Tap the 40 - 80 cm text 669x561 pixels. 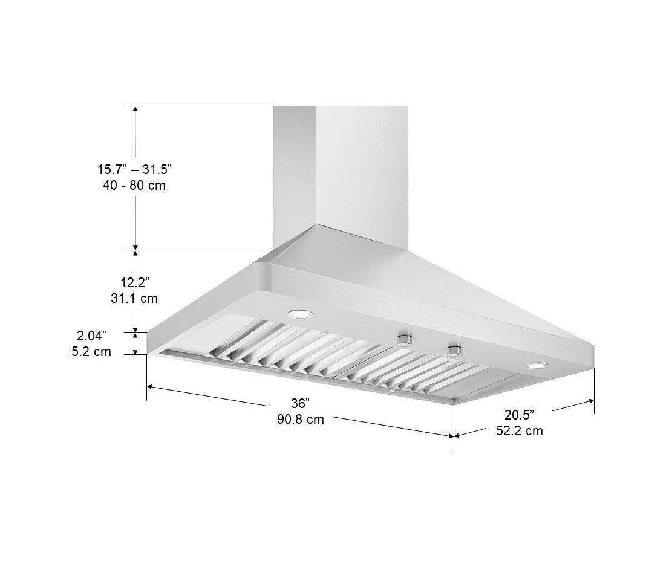pyautogui.click(x=134, y=185)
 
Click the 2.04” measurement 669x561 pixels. pyautogui.click(x=91, y=335)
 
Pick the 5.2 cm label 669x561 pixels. pyautogui.click(x=91, y=351)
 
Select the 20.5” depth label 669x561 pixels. pyautogui.click(x=519, y=415)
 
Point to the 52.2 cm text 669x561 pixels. pyautogui.click(x=519, y=431)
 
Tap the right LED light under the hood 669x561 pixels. pyautogui.click(x=537, y=365)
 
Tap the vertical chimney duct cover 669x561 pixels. pyautogui.click(x=341, y=169)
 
